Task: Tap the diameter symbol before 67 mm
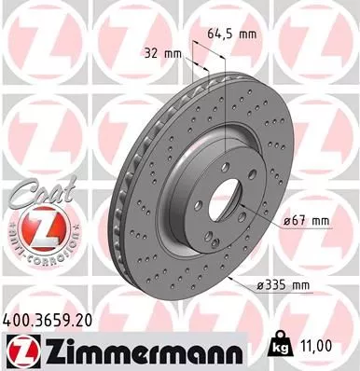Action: click(x=286, y=221)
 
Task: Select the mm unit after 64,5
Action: click(x=247, y=34)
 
